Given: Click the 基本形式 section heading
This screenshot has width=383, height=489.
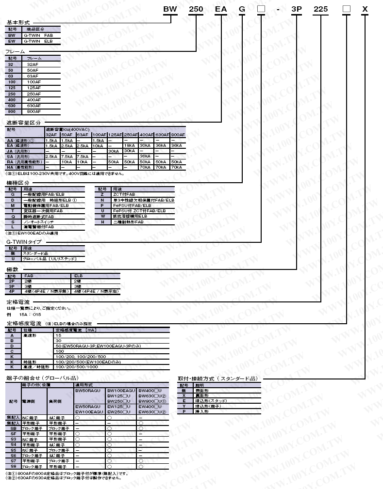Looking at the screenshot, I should pos(18,23).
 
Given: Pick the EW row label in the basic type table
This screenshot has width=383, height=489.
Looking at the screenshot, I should pos(12,41).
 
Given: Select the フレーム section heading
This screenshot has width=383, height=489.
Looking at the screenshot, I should pos(16,51).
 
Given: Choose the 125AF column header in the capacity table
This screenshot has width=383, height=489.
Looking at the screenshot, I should pos(115,135).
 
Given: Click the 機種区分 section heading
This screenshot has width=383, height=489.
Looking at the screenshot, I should pos(18,182).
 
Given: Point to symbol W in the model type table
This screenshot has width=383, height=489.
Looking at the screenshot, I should pos(102,216).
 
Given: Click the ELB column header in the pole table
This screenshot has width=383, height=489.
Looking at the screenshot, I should pos(79,275).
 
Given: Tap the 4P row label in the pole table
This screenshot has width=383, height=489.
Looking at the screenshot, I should pos(12,291).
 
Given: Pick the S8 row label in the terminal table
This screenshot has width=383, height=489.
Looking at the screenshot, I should pos(13,466).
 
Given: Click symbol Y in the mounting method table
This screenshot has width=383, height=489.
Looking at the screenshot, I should pos(184,406).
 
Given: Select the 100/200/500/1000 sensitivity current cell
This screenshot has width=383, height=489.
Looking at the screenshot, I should pos(78,367).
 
